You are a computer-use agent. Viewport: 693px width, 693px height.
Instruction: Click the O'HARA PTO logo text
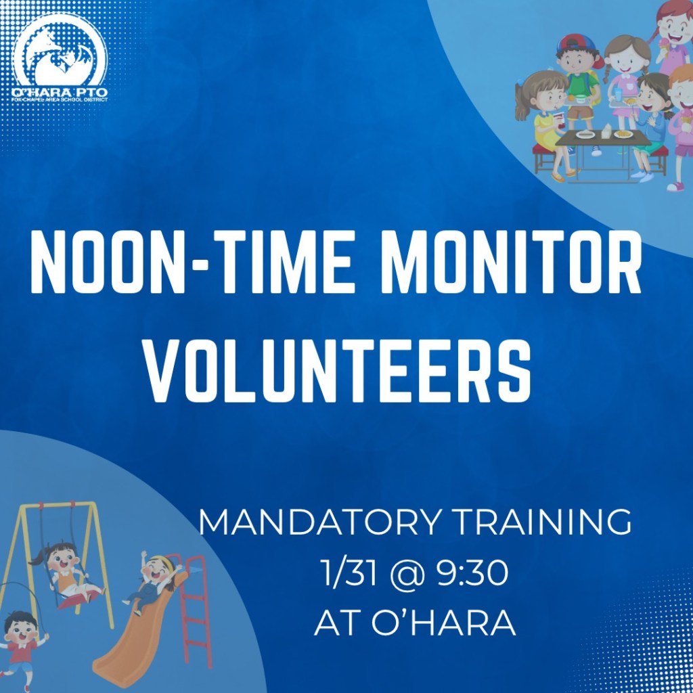point(60,92)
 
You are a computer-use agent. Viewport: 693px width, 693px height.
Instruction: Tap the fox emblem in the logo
point(60,51)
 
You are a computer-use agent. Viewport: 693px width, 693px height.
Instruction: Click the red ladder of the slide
point(194,609)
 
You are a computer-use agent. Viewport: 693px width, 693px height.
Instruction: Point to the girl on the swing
point(66,574)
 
